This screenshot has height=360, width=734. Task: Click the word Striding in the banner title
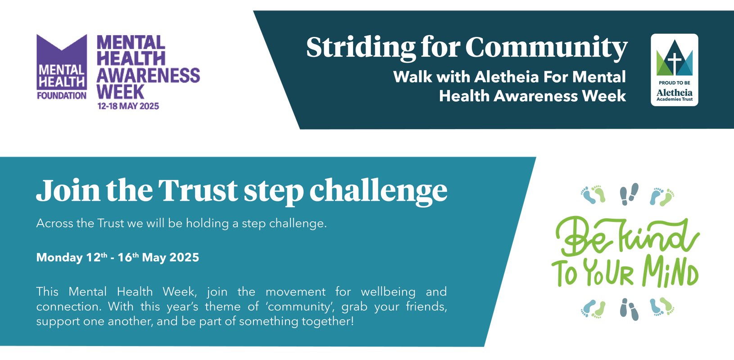pyautogui.click(x=361, y=47)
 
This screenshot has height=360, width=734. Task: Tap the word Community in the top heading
pyautogui.click(x=546, y=47)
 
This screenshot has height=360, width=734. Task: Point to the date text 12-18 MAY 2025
pyautogui.click(x=128, y=106)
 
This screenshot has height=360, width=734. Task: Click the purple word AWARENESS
pyautogui.click(x=148, y=75)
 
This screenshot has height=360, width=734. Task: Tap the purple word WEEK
pyautogui.click(x=120, y=92)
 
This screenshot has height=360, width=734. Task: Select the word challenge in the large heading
pyautogui.click(x=378, y=191)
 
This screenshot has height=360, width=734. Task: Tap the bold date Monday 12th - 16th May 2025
pyautogui.click(x=118, y=257)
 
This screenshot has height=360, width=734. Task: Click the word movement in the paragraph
pyautogui.click(x=295, y=292)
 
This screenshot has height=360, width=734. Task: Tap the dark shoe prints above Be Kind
pyautogui.click(x=629, y=194)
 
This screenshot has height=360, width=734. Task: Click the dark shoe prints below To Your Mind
pyautogui.click(x=629, y=309)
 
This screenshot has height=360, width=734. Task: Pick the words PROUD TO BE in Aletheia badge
pyautogui.click(x=674, y=83)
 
